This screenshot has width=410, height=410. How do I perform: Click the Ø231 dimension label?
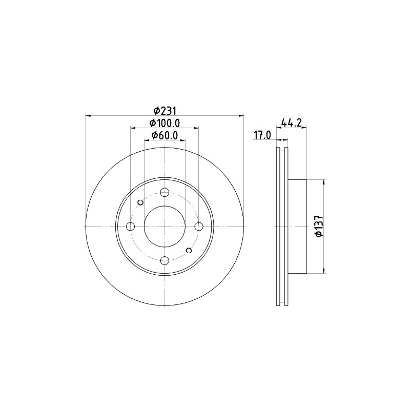click(165, 111)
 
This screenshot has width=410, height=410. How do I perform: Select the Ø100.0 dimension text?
click(165, 123)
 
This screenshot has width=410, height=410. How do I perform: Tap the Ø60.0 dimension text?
click(165, 135)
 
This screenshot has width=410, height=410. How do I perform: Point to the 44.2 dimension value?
click(292, 122)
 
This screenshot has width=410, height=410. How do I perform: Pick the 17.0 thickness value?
click(262, 135)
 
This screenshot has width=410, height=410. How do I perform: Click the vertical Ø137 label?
click(319, 227)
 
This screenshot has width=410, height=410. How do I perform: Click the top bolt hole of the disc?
click(165, 192)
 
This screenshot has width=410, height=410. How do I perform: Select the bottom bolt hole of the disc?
click(165, 260)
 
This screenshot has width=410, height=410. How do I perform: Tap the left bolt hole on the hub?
click(130, 227)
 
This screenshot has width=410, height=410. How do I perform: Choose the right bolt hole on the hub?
click(199, 227)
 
